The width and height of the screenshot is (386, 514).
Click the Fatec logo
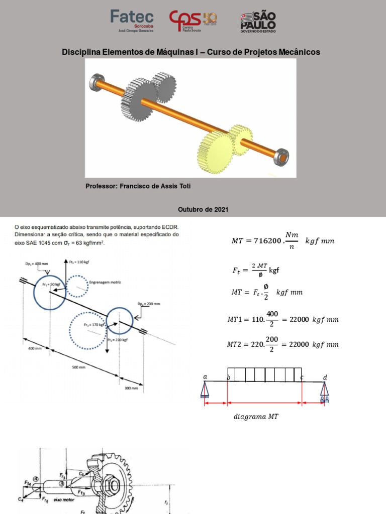[132, 21]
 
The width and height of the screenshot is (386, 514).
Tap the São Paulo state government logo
[257, 21]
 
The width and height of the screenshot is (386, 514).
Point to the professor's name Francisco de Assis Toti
[138, 186]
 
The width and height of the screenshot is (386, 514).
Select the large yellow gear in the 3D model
[215, 152]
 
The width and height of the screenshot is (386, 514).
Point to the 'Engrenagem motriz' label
[105, 283]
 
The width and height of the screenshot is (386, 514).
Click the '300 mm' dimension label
[131, 388]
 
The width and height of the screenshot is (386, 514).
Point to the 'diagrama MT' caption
[256, 417]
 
